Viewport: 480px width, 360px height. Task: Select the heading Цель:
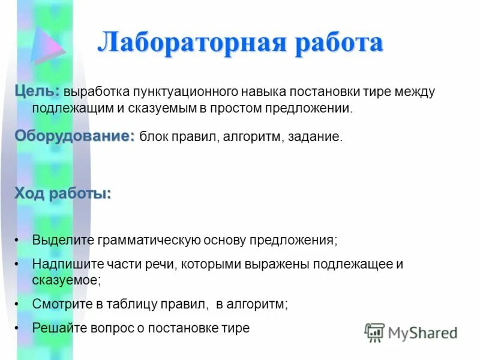tap(37, 90)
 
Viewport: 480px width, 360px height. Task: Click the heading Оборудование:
tap(75, 136)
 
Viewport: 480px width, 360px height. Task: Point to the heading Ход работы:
tap(63, 193)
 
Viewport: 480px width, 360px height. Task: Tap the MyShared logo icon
tap(374, 332)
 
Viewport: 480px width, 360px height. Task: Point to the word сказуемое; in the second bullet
tap(66, 279)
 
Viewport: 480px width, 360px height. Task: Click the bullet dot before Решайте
tap(17, 328)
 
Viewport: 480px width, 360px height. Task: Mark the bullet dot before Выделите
tap(17, 240)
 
